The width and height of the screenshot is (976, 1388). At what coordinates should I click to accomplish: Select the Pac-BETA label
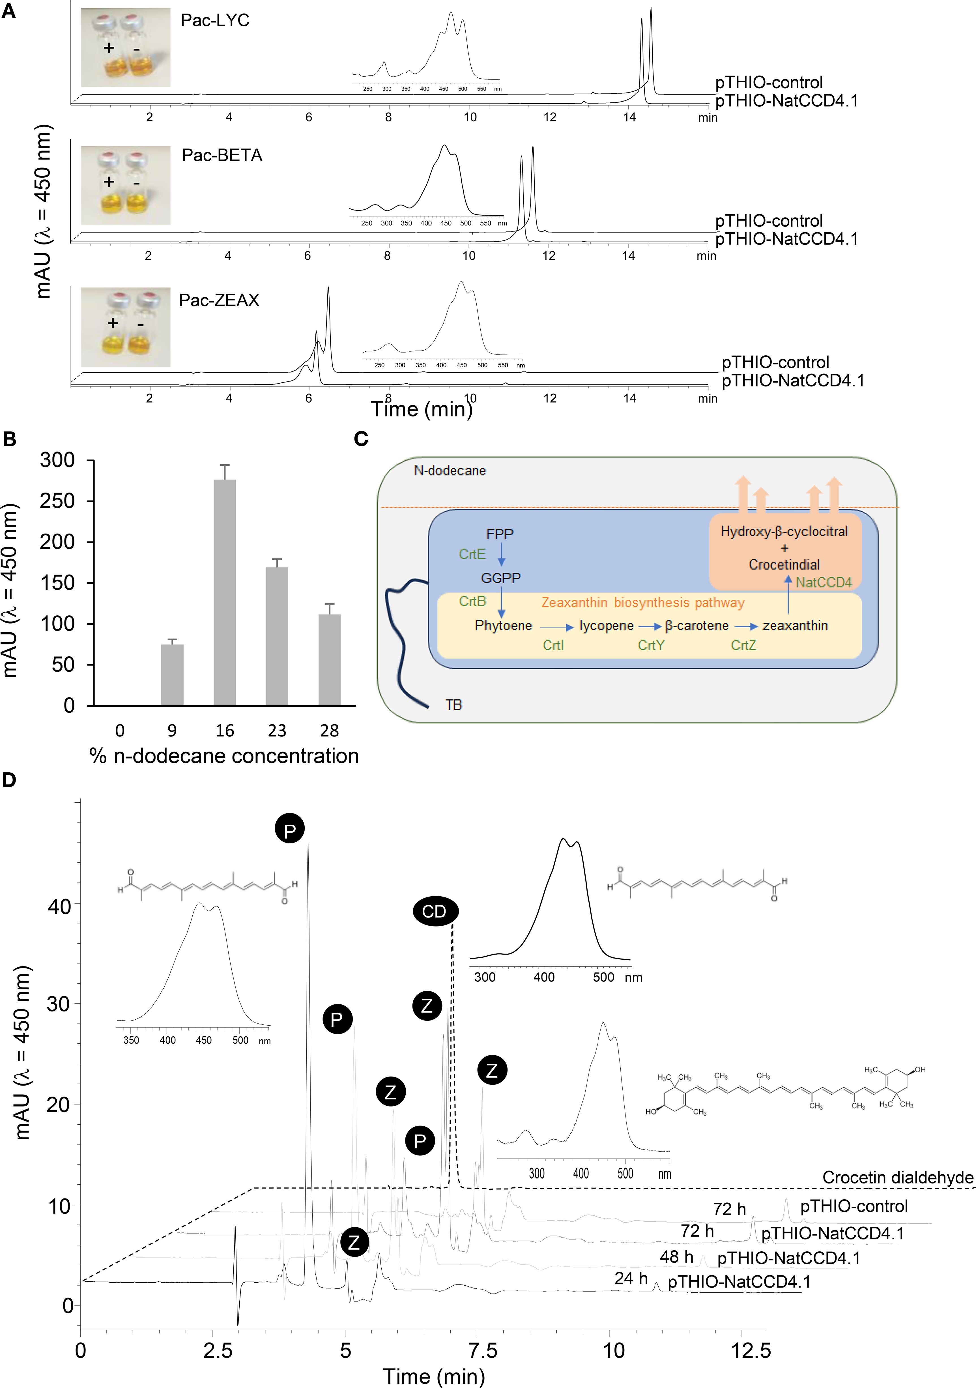point(222,155)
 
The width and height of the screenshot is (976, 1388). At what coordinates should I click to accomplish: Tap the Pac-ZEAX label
point(219,300)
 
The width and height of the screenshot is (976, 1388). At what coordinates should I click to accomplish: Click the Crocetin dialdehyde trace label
point(897,1178)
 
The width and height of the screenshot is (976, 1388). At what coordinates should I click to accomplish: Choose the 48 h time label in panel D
point(676,1257)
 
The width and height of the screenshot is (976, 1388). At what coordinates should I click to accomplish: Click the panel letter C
point(361,439)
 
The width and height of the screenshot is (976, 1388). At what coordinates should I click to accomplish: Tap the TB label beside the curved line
point(453,705)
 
